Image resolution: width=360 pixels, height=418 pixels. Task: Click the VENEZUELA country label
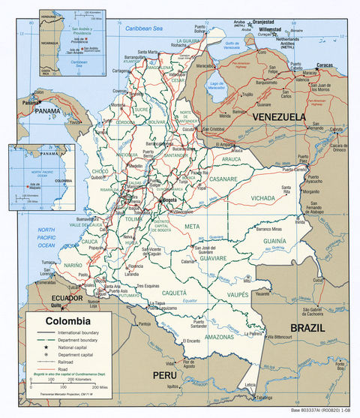coord(279,118)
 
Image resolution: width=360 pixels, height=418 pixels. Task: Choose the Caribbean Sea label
coord(142,28)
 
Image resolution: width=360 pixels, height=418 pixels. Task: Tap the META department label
coord(193,225)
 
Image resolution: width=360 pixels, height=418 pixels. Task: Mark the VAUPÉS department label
coord(238,295)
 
